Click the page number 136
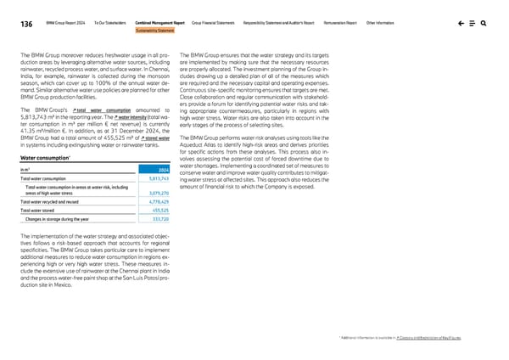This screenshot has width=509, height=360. tap(15, 25)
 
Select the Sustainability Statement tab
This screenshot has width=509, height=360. tap(154, 32)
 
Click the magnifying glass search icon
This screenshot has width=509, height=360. tap(483, 24)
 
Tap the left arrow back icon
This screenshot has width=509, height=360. tap(455, 24)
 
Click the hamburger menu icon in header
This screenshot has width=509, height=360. tap(468, 24)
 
